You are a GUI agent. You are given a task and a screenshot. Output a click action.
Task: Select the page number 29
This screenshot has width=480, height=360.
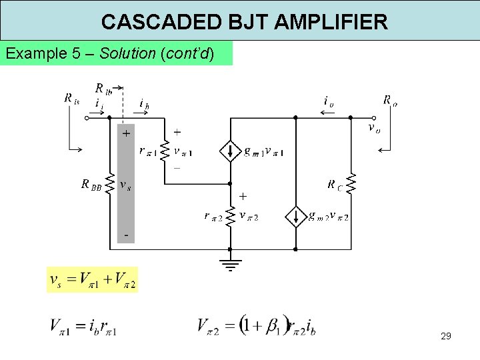pyautogui.click(x=446, y=336)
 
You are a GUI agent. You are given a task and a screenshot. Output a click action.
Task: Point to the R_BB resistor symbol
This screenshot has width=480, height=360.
pyautogui.click(x=111, y=184)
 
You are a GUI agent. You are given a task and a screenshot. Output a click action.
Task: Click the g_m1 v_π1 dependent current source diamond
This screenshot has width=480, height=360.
pyautogui.click(x=230, y=152)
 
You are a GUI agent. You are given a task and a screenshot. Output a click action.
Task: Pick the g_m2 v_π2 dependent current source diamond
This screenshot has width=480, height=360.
pyautogui.click(x=295, y=216)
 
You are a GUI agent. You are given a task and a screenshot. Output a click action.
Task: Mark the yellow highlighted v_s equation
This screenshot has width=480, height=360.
pyautogui.click(x=92, y=280)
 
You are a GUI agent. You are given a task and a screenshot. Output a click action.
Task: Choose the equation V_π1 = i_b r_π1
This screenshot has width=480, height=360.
pyautogui.click(x=83, y=327)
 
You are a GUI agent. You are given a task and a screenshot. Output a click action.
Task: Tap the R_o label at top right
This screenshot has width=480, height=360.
pyautogui.click(x=390, y=101)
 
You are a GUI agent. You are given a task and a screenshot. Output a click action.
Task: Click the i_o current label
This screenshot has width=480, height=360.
pyautogui.click(x=328, y=101)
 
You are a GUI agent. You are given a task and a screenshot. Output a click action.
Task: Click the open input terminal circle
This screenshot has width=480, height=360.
pyautogui.click(x=86, y=118)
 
